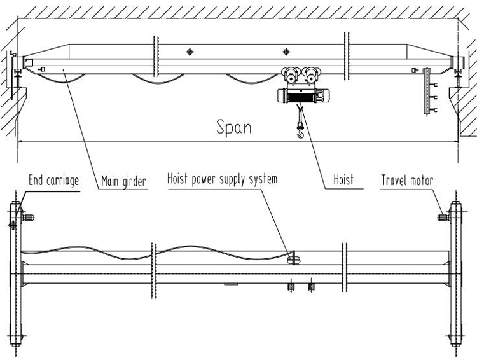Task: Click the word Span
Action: [x=234, y=127]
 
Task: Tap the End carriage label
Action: [x=54, y=181]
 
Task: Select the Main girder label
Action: [x=123, y=181]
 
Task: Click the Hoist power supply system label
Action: [x=222, y=179]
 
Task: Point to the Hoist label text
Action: [x=343, y=181]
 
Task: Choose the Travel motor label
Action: [x=407, y=181]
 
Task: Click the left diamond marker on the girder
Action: [x=189, y=52]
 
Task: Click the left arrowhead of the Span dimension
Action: [x=21, y=139]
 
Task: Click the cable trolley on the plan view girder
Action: [x=293, y=258]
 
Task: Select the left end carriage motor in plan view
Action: [x=28, y=218]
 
